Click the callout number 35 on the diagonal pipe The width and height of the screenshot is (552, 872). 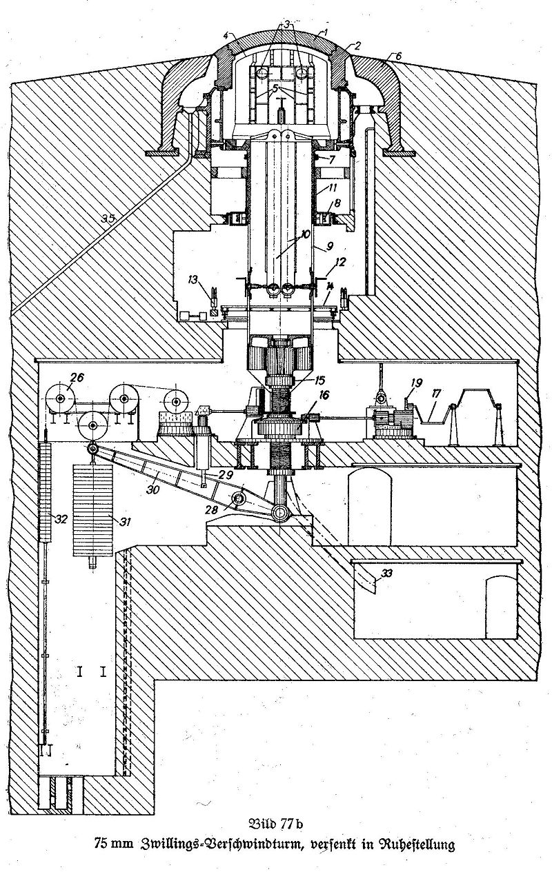click(x=109, y=219)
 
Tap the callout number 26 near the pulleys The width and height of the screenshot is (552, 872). click(x=78, y=377)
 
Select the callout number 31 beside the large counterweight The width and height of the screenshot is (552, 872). click(x=124, y=521)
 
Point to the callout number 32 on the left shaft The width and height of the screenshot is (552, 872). click(x=61, y=519)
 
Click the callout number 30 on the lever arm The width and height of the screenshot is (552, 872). click(x=152, y=489)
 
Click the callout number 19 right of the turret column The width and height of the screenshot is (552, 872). click(x=417, y=383)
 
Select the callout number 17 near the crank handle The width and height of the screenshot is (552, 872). click(x=436, y=394)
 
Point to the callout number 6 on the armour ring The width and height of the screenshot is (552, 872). click(x=397, y=56)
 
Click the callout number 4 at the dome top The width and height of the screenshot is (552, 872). click(x=227, y=36)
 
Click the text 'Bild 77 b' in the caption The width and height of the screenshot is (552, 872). click(x=276, y=833)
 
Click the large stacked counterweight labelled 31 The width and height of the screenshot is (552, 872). click(x=93, y=510)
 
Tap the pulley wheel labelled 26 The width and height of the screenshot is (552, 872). click(x=61, y=398)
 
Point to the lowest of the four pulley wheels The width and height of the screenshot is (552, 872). click(x=92, y=425)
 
